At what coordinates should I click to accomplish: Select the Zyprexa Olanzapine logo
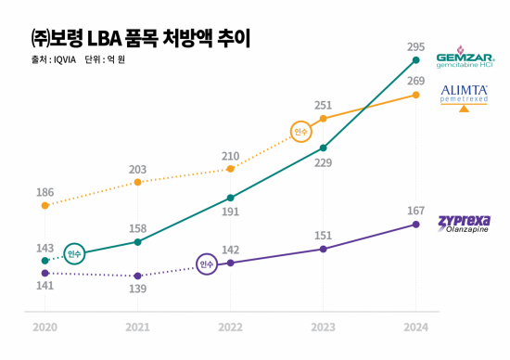tap(465, 224)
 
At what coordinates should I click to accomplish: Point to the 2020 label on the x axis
tap(45, 328)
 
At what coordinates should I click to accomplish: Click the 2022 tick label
tap(230, 328)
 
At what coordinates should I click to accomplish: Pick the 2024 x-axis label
tap(415, 328)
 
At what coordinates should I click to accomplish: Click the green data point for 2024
tap(415, 61)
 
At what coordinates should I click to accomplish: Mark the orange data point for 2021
tap(137, 182)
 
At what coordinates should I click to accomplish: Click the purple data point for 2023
tap(323, 249)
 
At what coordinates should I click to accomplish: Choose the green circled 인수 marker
tap(75, 253)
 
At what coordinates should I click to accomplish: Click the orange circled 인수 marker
tap(300, 133)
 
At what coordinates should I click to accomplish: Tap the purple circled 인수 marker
tap(207, 264)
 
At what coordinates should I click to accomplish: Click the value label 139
tap(137, 289)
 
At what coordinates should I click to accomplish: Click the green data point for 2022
tap(230, 198)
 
